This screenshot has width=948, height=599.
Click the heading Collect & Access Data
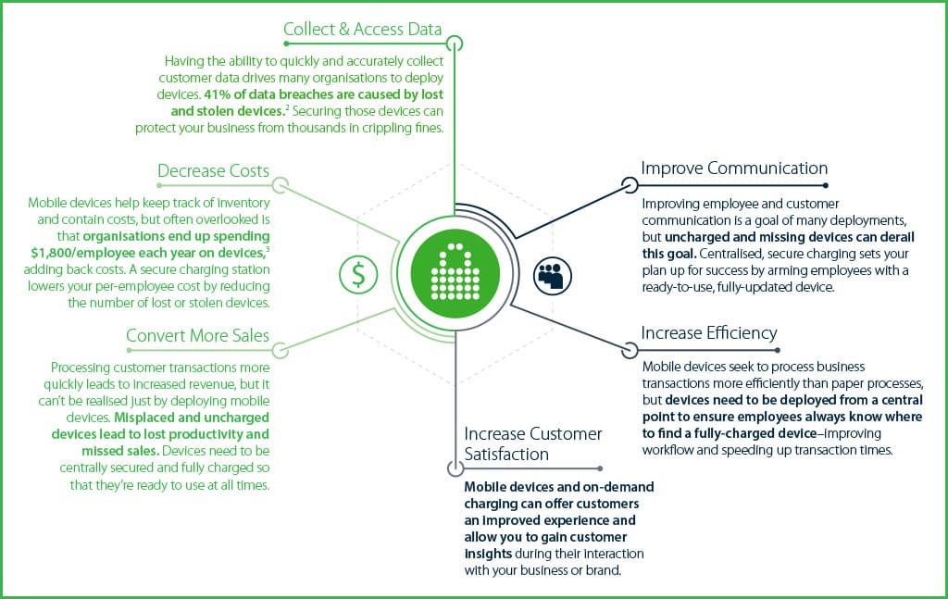(x=363, y=30)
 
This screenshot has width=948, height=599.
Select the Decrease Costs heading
(x=213, y=171)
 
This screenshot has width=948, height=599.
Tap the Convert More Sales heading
(x=197, y=336)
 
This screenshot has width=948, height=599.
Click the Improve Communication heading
(x=734, y=168)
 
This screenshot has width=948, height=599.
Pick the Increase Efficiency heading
(x=709, y=332)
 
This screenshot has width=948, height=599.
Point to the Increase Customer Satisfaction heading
(x=532, y=443)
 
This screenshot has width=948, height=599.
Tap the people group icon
(x=553, y=274)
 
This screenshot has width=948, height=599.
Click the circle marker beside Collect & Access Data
(x=455, y=44)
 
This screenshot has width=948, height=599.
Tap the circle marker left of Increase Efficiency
(x=630, y=350)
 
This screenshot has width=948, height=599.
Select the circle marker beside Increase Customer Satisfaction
(x=454, y=468)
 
